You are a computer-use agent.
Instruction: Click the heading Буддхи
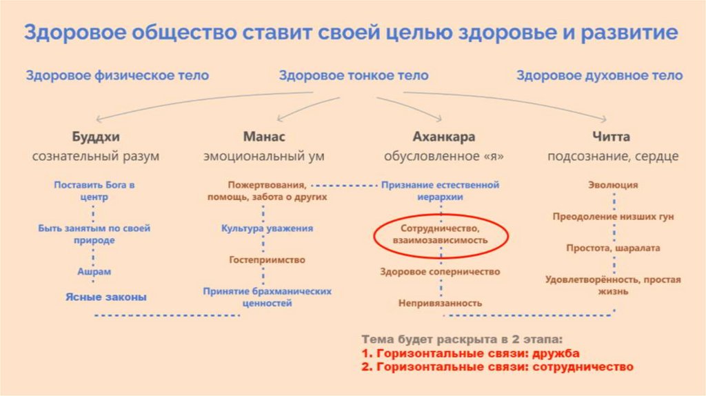pos(95,137)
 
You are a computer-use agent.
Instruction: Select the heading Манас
pos(263,137)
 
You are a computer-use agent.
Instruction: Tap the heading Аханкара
pos(443,137)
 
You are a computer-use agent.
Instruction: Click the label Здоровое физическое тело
pos(117,76)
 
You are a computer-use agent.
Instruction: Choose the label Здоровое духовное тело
pos(599,76)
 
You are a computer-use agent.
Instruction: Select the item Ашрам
pos(94,272)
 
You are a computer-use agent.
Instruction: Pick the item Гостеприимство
pos(267,260)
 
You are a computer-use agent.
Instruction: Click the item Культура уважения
pos(267,228)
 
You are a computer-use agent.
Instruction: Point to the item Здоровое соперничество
pos(440,272)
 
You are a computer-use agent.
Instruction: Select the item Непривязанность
pos(440,303)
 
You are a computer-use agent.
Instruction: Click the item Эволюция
pos(612,185)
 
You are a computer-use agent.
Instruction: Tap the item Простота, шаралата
pos(612,248)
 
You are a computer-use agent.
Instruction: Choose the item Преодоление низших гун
pos(612,217)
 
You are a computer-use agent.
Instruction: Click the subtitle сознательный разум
pos(95,157)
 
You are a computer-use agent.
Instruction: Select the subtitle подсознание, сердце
pos(612,157)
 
